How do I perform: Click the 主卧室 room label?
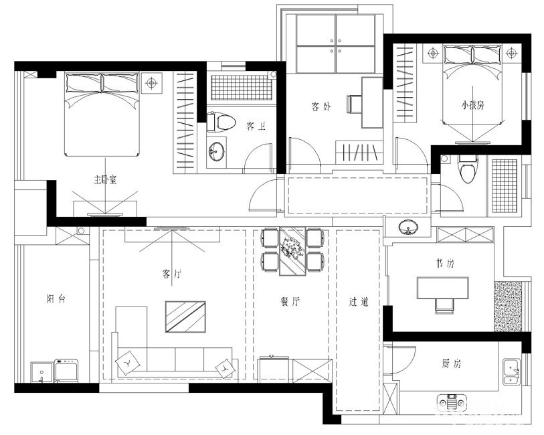pyautogui.click(x=105, y=179)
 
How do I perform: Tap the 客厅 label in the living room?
pyautogui.click(x=172, y=274)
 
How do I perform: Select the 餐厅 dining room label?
pyautogui.click(x=290, y=301)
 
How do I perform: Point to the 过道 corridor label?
pyautogui.click(x=359, y=302)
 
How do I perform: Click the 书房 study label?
pyautogui.click(x=445, y=264)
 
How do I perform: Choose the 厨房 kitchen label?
pyautogui.click(x=452, y=363)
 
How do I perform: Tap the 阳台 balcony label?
pyautogui.click(x=56, y=298)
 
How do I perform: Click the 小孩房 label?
pyautogui.click(x=472, y=105)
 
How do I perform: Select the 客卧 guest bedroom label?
pyautogui.click(x=321, y=106)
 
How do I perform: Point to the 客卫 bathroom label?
pyautogui.click(x=256, y=126)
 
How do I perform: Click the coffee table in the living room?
pyautogui.click(x=185, y=317)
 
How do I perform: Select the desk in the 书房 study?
pyautogui.click(x=443, y=288)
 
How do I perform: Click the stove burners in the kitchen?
pyautogui.click(x=452, y=403)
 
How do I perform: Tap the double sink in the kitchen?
pyautogui.click(x=512, y=372)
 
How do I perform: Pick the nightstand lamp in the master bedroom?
pyautogui.click(x=151, y=83)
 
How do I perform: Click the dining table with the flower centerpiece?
pyautogui.click(x=293, y=251)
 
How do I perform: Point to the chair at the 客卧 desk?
pyautogui.click(x=354, y=104)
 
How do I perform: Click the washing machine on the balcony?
pyautogui.click(x=67, y=371)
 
